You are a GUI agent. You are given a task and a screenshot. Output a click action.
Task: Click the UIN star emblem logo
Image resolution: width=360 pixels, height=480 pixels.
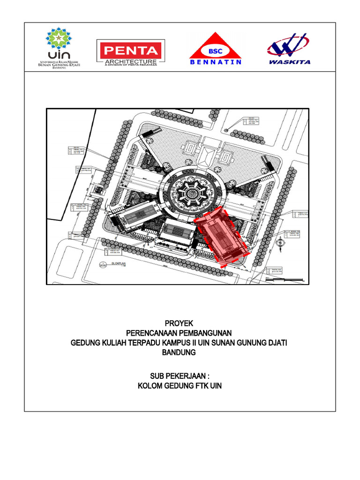[59, 38]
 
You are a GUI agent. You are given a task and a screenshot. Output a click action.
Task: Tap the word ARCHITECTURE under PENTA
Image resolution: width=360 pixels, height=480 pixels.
[130, 61]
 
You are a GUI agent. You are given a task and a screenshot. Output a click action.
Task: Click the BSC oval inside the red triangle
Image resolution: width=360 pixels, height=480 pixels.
[215, 49]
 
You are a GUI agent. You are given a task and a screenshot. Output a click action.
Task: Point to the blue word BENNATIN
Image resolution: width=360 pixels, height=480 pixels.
[216, 62]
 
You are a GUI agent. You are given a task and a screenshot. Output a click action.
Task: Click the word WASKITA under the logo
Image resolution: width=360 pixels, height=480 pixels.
[289, 61]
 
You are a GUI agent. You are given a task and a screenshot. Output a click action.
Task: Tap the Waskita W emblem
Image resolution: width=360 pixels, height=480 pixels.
[287, 45]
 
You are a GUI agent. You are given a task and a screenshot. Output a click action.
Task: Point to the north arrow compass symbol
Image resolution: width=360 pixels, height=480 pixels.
[279, 243]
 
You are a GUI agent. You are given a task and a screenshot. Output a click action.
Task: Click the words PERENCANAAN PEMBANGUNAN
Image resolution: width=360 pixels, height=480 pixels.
[179, 333]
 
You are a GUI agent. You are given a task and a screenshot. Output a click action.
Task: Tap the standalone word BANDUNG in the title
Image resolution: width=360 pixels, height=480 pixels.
[179, 352]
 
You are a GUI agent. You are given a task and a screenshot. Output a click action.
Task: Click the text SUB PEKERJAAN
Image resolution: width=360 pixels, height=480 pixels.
[179, 376]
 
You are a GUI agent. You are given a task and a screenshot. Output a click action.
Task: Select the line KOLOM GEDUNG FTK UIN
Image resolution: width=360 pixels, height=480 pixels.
[179, 386]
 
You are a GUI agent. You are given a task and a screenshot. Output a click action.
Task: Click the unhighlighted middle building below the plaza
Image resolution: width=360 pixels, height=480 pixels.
[177, 232]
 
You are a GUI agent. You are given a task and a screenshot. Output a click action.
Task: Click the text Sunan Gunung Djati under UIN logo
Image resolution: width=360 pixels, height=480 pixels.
[59, 65]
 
